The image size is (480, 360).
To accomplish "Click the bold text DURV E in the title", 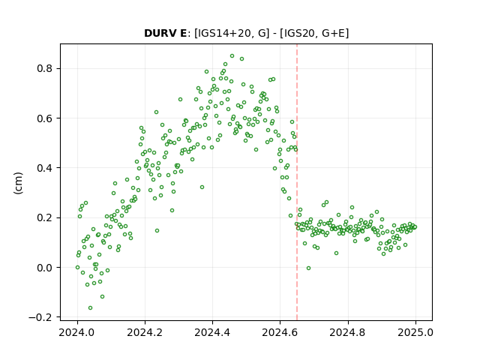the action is click(165, 33).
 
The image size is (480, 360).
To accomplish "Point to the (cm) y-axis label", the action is click(18, 183).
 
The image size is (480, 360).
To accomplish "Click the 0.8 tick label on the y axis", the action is click(44, 68).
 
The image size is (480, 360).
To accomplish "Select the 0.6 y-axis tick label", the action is click(44, 118).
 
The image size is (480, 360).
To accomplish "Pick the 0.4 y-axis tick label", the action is click(44, 168).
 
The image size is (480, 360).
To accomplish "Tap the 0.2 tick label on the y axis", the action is click(44, 217).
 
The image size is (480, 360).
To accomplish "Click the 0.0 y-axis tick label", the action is click(44, 268).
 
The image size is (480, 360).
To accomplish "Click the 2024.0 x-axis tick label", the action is click(77, 332).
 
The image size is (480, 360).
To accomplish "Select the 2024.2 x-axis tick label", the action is click(145, 332).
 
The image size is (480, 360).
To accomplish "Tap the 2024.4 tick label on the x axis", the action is click(212, 332).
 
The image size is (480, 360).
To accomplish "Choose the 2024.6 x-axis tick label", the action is click(280, 332).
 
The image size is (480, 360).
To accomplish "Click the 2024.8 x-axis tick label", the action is click(348, 332).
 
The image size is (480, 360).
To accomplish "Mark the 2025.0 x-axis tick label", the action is click(415, 332).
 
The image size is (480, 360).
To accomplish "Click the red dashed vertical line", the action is click(297, 182).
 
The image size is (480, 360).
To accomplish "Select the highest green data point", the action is click(232, 56).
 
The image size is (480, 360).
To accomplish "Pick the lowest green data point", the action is click(90, 307).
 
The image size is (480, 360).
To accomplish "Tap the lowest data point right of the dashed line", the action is click(308, 268).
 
